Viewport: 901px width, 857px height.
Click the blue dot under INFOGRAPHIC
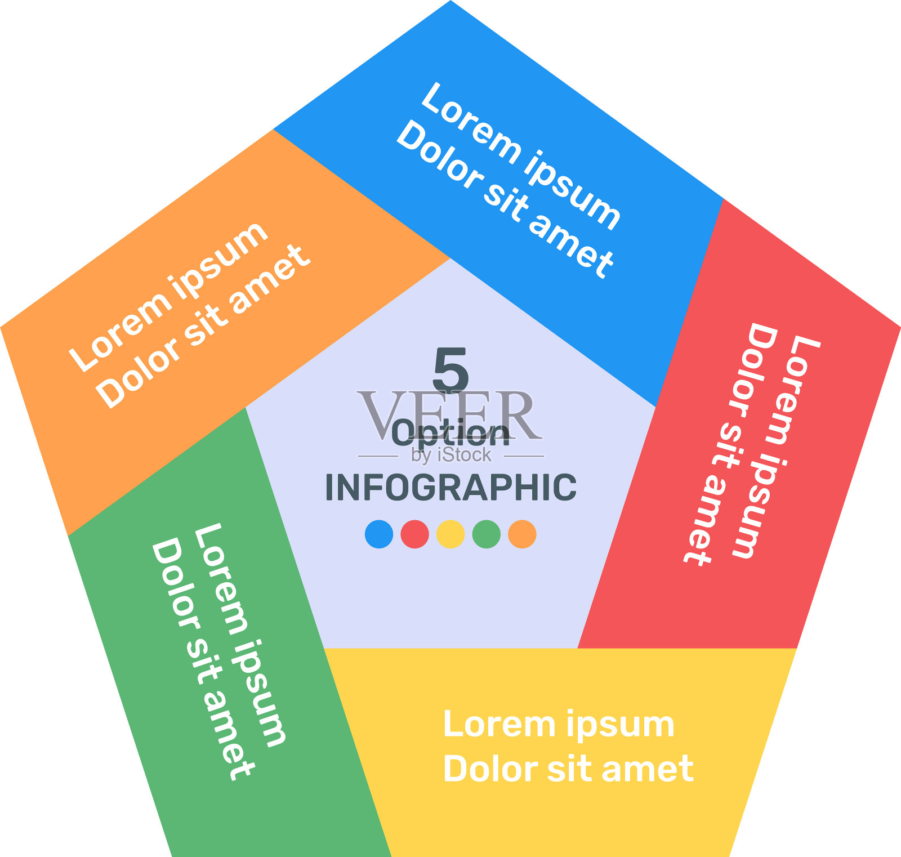click(379, 534)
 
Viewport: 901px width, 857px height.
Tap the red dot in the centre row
click(414, 534)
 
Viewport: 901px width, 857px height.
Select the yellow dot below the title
click(450, 534)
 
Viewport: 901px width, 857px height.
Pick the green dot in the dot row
click(487, 534)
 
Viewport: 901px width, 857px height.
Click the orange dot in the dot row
click(522, 534)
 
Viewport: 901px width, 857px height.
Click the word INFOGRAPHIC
click(450, 488)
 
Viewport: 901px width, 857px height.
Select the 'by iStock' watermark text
click(450, 454)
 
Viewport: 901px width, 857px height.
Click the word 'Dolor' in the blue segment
click(439, 155)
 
